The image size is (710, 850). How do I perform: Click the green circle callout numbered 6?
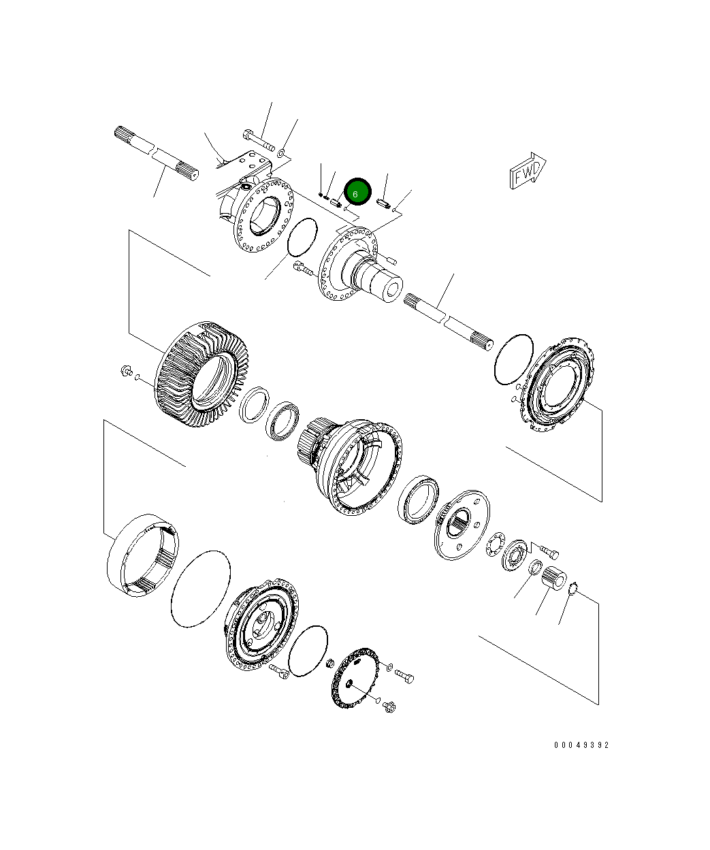356,193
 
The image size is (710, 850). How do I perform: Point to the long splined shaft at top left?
155,152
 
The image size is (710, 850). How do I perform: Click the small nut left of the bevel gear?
125,372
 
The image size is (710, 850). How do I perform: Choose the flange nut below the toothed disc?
390,708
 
